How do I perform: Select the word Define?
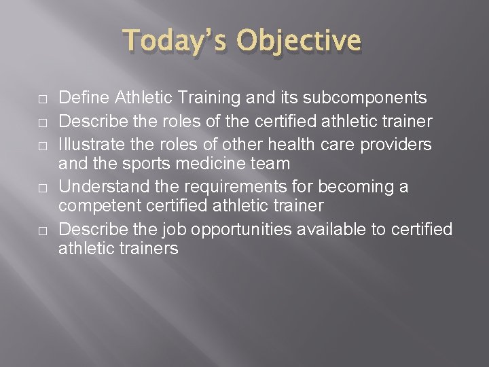pos(81,98)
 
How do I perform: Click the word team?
pos(272,164)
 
